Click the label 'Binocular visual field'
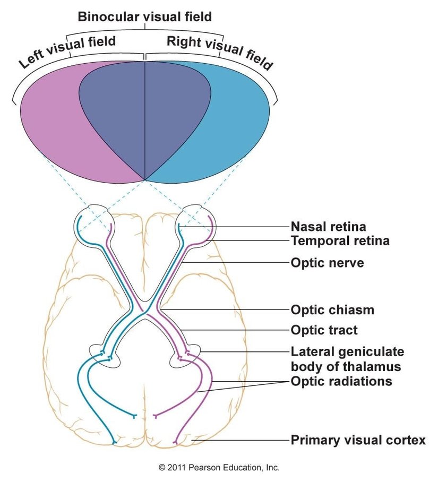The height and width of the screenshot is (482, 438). pyautogui.click(x=144, y=16)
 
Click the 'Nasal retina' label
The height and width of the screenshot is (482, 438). pyautogui.click(x=328, y=227)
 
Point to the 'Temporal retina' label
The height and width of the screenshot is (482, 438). pyautogui.click(x=340, y=241)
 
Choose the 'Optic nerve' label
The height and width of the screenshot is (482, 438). pyautogui.click(x=327, y=263)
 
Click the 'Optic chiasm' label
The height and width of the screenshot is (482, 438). pyautogui.click(x=332, y=310)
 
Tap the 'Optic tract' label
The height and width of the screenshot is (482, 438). pyautogui.click(x=324, y=331)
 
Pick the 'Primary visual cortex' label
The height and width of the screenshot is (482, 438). pyautogui.click(x=358, y=441)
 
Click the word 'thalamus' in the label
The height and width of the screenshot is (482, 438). pyautogui.click(x=367, y=367)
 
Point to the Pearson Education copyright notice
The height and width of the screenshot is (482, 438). pyautogui.click(x=219, y=468)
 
